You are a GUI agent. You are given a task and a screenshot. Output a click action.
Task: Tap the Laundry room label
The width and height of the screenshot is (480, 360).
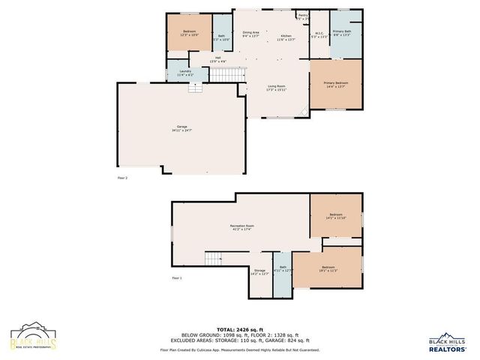185,73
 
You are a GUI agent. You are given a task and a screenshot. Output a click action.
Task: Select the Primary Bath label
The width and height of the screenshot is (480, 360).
342,32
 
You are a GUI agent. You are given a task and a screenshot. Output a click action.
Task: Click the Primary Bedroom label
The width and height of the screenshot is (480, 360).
335,85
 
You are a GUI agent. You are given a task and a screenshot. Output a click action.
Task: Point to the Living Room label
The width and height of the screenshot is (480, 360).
277,88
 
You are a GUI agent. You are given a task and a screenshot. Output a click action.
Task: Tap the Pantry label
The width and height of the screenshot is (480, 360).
303,16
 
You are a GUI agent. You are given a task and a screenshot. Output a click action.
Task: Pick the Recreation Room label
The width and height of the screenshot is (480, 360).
241,227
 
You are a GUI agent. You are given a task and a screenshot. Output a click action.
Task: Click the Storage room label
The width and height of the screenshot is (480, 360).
259,271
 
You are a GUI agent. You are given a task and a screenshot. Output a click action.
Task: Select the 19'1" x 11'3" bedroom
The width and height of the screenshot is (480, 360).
328,268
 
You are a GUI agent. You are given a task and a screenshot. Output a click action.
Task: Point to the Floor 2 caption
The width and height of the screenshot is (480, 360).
123,178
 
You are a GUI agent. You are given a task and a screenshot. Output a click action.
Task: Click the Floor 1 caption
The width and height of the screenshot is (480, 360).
177,277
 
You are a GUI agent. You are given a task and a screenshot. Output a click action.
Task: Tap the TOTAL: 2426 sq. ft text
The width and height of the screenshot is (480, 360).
240,329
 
